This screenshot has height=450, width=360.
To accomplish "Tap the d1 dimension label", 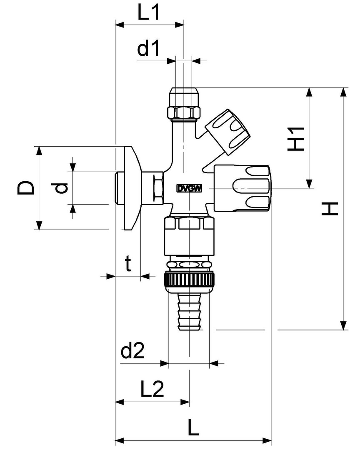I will [x=149, y=50].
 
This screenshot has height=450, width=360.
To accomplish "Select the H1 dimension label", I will [x=297, y=138].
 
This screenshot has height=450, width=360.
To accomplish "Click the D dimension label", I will [x=26, y=187].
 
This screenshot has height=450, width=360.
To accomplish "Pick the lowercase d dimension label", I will [x=61, y=188].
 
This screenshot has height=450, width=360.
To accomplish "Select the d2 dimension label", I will [x=132, y=352].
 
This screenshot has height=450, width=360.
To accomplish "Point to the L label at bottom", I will [x=192, y=427].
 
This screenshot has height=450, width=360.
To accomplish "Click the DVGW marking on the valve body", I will [x=189, y=188].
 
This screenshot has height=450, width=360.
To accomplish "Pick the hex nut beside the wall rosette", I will [x=157, y=188].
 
